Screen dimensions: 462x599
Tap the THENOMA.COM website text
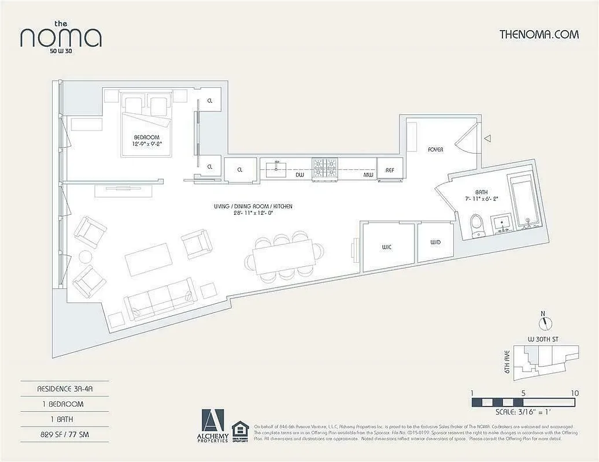[539, 34]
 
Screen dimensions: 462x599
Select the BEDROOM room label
[146, 137]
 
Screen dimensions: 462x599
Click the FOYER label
[435, 150]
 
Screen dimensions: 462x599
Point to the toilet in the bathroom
[477, 226]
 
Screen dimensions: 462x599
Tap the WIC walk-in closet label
[387, 247]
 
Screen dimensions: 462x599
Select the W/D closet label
[435, 243]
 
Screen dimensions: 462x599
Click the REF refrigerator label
[390, 171]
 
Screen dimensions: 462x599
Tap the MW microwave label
[368, 174]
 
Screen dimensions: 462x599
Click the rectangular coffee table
[149, 259]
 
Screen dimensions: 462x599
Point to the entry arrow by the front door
[487, 139]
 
